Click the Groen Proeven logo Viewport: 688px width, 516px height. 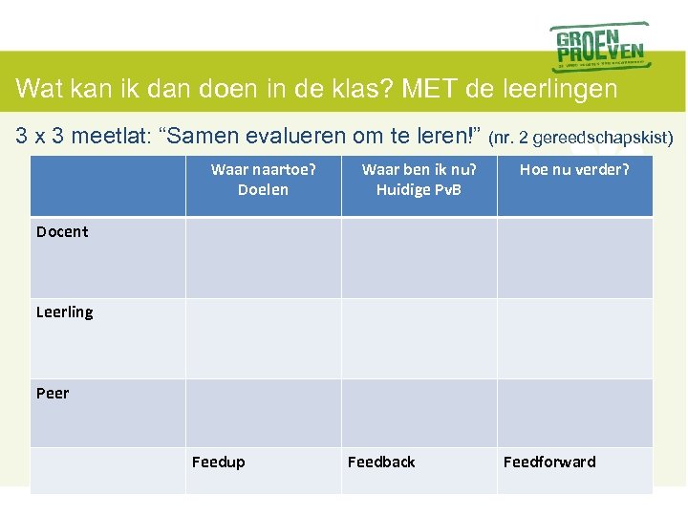[x=599, y=45]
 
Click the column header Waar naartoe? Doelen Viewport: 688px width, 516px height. [x=263, y=180]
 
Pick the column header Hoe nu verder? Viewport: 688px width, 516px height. [x=574, y=170]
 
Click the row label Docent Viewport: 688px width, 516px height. [x=62, y=231]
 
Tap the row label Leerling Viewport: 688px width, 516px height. [x=64, y=312]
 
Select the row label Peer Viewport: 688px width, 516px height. [x=53, y=393]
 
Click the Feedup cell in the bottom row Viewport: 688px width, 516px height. [x=219, y=462]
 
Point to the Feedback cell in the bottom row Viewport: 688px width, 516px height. [x=381, y=462]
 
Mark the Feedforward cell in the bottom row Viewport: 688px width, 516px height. [x=549, y=462]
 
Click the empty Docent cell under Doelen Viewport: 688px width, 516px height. [x=263, y=258]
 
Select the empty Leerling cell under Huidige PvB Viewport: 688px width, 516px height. [x=419, y=338]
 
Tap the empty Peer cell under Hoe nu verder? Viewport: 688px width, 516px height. [x=574, y=413]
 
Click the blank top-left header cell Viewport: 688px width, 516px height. [x=108, y=185]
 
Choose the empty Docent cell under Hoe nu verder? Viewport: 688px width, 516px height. [x=574, y=258]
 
